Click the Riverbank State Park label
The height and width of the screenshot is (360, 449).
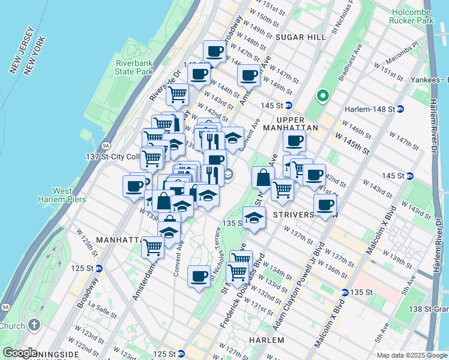coord(134,67)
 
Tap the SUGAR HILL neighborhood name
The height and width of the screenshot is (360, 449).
coord(300,37)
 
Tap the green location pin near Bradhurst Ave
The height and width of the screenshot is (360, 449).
coord(323,95)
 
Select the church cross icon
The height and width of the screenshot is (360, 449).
coord(34,326)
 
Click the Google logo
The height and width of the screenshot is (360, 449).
coord(20,353)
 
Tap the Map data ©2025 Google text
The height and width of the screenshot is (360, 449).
coord(411,355)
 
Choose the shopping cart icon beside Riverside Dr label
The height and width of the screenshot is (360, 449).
coord(177,94)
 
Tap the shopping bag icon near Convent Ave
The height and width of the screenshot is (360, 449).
coord(262,177)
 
